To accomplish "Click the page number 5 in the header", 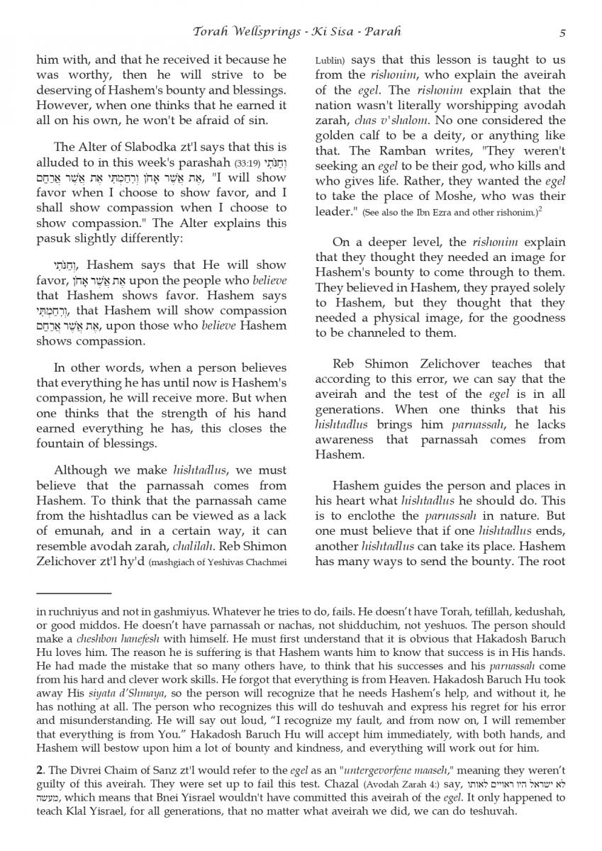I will tap(562, 33).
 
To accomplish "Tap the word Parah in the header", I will tap(384, 33).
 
